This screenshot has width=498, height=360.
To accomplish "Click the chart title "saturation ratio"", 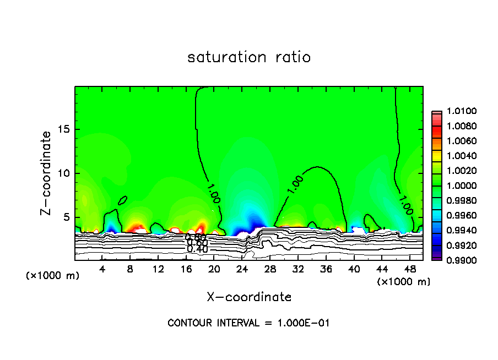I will click(249, 57).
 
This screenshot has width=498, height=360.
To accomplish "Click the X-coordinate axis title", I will click(249, 297).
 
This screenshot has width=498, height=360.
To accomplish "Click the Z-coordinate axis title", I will click(47, 173).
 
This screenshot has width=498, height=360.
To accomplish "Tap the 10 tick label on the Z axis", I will click(64, 173).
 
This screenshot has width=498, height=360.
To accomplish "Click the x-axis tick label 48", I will click(410, 269).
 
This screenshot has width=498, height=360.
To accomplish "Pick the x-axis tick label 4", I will click(102, 269).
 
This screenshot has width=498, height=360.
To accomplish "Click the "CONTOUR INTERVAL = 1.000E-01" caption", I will click(249, 323).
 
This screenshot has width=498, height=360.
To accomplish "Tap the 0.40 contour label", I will click(197, 249).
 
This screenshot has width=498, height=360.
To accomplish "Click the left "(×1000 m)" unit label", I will click(53, 275).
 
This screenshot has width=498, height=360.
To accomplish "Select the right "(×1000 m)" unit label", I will click(404, 282).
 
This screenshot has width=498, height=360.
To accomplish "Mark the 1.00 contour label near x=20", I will click(214, 194).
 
